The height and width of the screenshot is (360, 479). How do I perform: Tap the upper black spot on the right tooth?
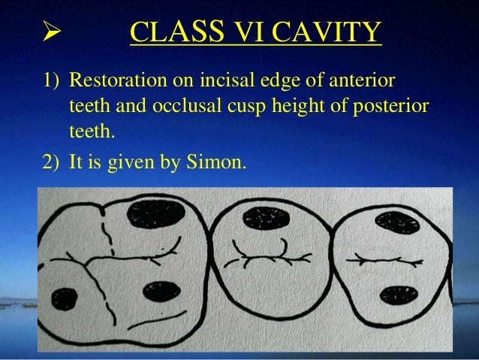tap(396, 222)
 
